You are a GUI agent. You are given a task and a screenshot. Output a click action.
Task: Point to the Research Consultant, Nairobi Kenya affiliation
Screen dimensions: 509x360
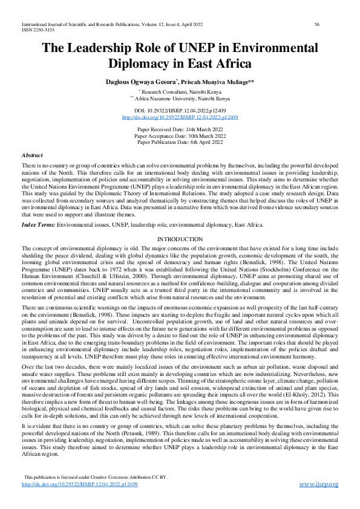tap(181, 91)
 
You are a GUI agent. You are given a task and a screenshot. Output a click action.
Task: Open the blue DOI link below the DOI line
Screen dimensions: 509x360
tap(180, 117)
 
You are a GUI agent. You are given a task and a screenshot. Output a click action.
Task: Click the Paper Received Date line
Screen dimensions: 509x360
tap(180, 130)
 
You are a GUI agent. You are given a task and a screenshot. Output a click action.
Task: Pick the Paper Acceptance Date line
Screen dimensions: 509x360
tap(180, 136)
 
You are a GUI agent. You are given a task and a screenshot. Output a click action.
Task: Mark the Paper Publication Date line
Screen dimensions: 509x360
tap(180, 142)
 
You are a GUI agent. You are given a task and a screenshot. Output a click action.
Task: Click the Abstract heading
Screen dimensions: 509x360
tap(32, 155)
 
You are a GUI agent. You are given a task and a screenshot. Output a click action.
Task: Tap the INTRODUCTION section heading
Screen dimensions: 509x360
tap(180, 239)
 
